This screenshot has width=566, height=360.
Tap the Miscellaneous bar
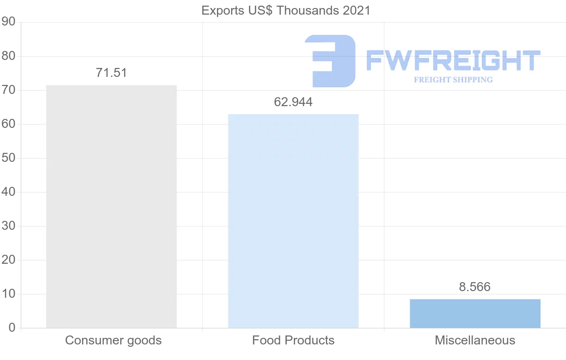click(x=475, y=313)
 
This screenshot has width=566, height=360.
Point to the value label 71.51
click(x=111, y=73)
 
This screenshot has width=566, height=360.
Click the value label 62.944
click(x=293, y=102)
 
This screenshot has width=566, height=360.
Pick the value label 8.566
click(x=475, y=287)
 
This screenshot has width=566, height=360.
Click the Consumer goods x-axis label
click(x=113, y=340)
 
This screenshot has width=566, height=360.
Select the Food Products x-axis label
click(x=293, y=340)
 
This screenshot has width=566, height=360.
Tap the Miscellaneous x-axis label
click(x=475, y=340)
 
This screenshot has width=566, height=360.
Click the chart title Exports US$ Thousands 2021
click(x=286, y=10)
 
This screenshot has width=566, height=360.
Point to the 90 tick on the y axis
click(x=8, y=22)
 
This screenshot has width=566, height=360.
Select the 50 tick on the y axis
click(x=8, y=158)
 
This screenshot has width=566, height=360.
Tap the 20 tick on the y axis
click(x=8, y=260)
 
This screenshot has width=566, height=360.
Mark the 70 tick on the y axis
click(x=8, y=90)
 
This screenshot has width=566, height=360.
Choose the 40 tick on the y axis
click(x=8, y=192)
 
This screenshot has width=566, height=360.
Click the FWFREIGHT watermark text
click(x=453, y=61)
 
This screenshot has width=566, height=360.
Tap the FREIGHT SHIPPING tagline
click(x=453, y=80)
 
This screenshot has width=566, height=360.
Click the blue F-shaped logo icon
click(x=330, y=61)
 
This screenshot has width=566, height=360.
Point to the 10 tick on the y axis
click(x=8, y=294)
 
